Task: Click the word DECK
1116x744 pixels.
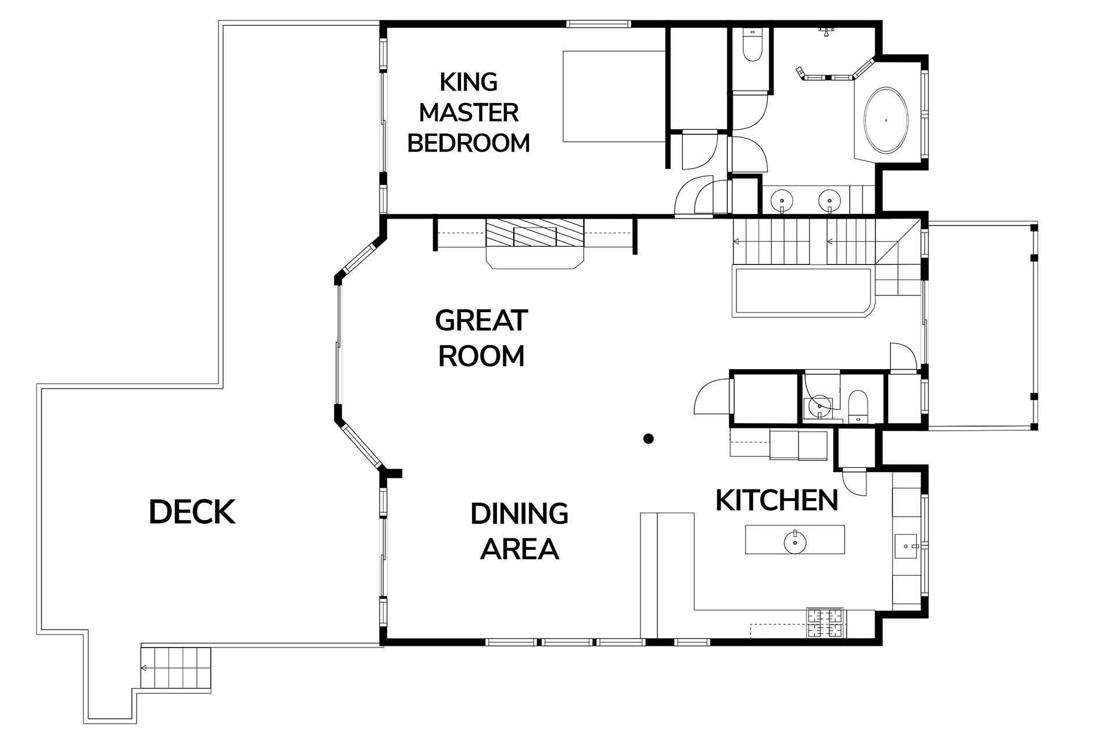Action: click(192, 512)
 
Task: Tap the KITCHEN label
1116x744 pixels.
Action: click(777, 500)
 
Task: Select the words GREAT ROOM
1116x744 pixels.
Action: click(481, 338)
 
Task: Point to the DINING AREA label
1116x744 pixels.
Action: click(519, 531)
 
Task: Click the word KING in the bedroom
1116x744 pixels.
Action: click(468, 82)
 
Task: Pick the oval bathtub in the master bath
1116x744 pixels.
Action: click(886, 120)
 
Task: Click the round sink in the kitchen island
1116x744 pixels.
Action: click(795, 542)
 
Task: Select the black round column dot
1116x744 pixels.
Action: click(649, 439)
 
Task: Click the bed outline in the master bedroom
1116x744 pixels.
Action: click(614, 96)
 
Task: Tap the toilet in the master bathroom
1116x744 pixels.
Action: click(752, 44)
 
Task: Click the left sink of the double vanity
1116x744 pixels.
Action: click(782, 201)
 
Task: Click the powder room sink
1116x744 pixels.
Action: click(820, 405)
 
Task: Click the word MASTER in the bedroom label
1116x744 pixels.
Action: click(468, 112)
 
